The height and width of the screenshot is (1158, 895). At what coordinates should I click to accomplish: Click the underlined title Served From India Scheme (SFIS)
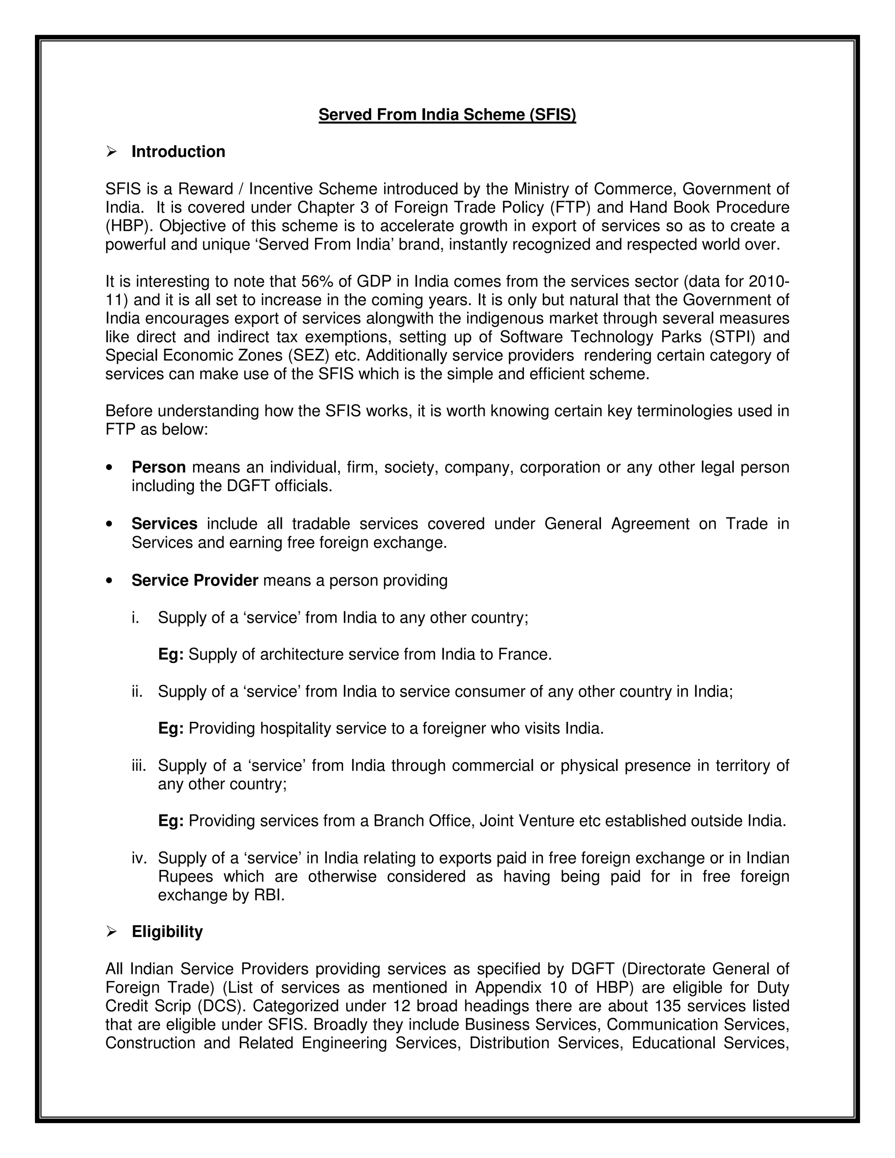coord(447,114)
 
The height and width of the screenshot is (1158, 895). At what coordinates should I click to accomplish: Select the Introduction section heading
coord(178,152)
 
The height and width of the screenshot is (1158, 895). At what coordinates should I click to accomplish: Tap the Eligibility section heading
coord(167,932)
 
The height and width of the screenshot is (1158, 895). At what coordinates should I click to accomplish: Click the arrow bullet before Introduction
coord(111,152)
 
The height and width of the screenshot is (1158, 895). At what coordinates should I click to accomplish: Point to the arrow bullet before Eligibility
coord(111,932)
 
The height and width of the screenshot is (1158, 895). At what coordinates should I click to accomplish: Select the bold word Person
coord(159,467)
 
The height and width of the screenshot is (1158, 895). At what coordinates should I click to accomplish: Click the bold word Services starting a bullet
coord(164,524)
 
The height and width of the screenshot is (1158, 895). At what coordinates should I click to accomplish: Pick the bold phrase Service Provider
coord(194,581)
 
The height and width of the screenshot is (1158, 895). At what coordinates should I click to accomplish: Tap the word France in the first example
coord(524,655)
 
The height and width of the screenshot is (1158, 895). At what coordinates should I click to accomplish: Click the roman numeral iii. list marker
coord(140,766)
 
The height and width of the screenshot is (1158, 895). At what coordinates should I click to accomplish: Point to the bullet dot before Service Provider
coord(109,581)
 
